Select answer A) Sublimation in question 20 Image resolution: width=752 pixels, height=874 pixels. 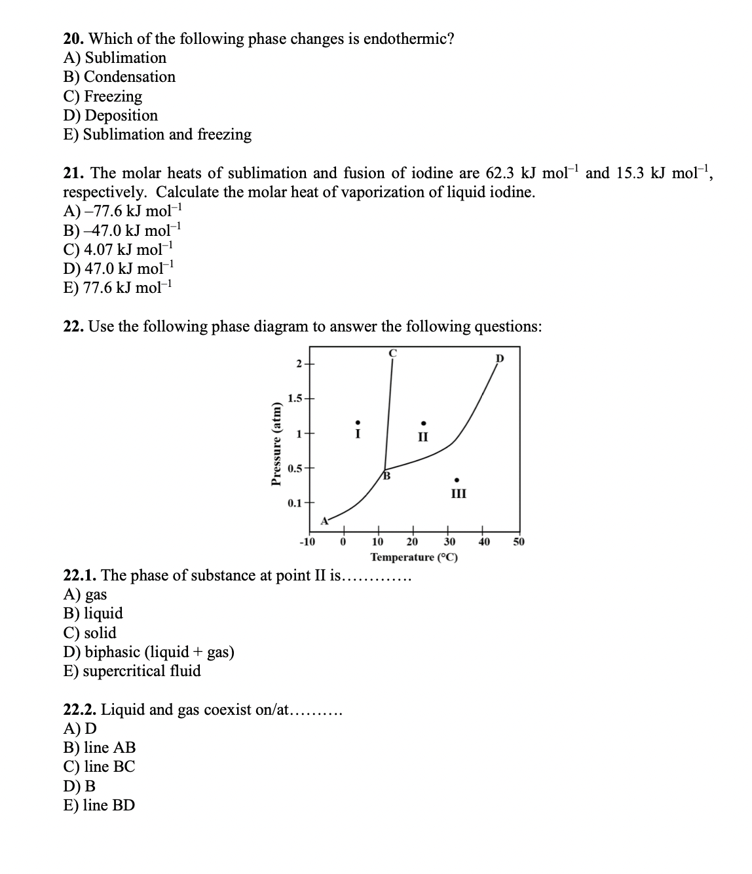click(x=115, y=58)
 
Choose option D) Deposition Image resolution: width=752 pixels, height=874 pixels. click(x=111, y=115)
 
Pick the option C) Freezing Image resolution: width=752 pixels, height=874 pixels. click(x=103, y=96)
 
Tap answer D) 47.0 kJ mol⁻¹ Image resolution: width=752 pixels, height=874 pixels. click(x=119, y=269)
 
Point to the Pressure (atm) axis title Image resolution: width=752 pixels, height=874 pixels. click(x=276, y=444)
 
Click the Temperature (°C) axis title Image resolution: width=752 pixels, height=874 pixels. click(x=414, y=557)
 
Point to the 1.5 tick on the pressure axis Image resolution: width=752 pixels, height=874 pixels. click(x=295, y=398)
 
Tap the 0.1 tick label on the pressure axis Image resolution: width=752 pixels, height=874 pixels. click(x=295, y=503)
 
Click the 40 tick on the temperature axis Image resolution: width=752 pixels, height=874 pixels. click(x=483, y=541)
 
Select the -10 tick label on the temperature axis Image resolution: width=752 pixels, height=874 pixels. click(x=307, y=541)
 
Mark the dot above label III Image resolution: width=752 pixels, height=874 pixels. click(x=458, y=478)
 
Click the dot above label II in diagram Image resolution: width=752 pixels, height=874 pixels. click(x=424, y=423)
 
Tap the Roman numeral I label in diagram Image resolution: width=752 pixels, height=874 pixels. click(x=357, y=433)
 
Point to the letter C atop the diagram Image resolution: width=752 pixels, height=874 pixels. click(x=392, y=352)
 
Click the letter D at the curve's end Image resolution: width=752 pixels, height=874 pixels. click(x=500, y=358)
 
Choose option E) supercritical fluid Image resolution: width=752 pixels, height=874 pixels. click(x=132, y=671)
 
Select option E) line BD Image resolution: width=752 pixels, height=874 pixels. click(x=99, y=805)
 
